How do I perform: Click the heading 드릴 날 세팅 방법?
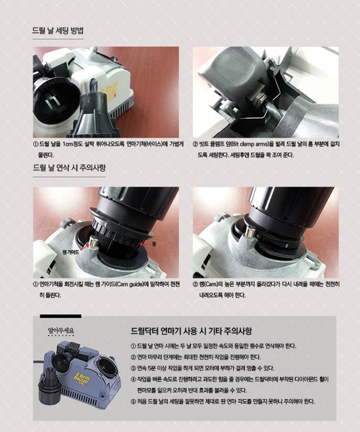pyautogui.click(x=58, y=30)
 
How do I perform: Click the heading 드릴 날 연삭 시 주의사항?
pyautogui.click(x=69, y=168)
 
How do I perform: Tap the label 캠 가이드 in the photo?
pyautogui.click(x=71, y=252)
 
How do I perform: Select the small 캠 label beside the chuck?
pyautogui.click(x=154, y=244)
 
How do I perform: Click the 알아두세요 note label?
pyautogui.click(x=61, y=330)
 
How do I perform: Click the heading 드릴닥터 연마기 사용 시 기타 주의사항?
pyautogui.click(x=191, y=331)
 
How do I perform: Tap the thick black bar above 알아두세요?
pyautogui.click(x=60, y=316)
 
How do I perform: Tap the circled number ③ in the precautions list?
pyautogui.click(x=134, y=368)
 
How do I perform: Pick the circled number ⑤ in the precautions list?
pyautogui.click(x=134, y=402)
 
